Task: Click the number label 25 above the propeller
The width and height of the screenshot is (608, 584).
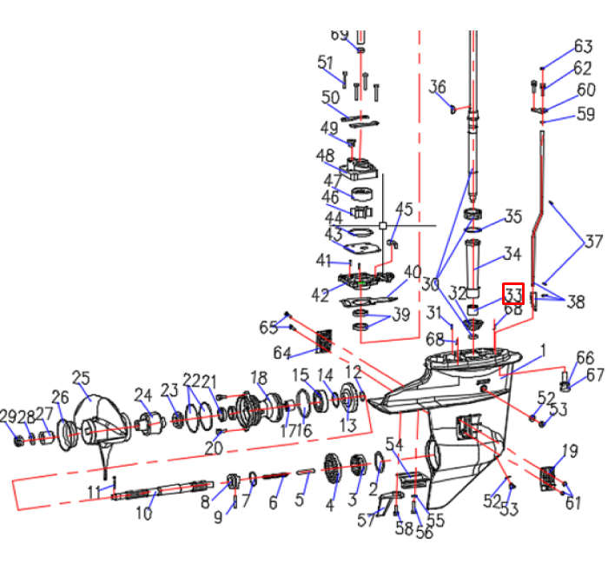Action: click(x=81, y=377)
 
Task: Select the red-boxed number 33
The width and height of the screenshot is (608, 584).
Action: click(x=513, y=294)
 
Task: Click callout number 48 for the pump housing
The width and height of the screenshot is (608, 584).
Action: click(x=326, y=156)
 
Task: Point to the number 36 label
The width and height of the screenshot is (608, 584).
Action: click(x=438, y=87)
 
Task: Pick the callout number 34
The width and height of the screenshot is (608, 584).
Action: click(x=512, y=255)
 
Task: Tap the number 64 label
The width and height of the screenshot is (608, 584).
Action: click(x=282, y=353)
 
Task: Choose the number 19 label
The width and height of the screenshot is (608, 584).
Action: click(x=569, y=450)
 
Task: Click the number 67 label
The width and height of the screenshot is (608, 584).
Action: click(x=595, y=375)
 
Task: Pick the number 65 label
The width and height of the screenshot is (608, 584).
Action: click(x=269, y=327)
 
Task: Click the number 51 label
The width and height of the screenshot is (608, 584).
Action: click(x=326, y=63)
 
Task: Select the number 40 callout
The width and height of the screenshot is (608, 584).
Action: click(x=412, y=272)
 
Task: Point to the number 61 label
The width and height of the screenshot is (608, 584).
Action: click(x=572, y=502)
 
